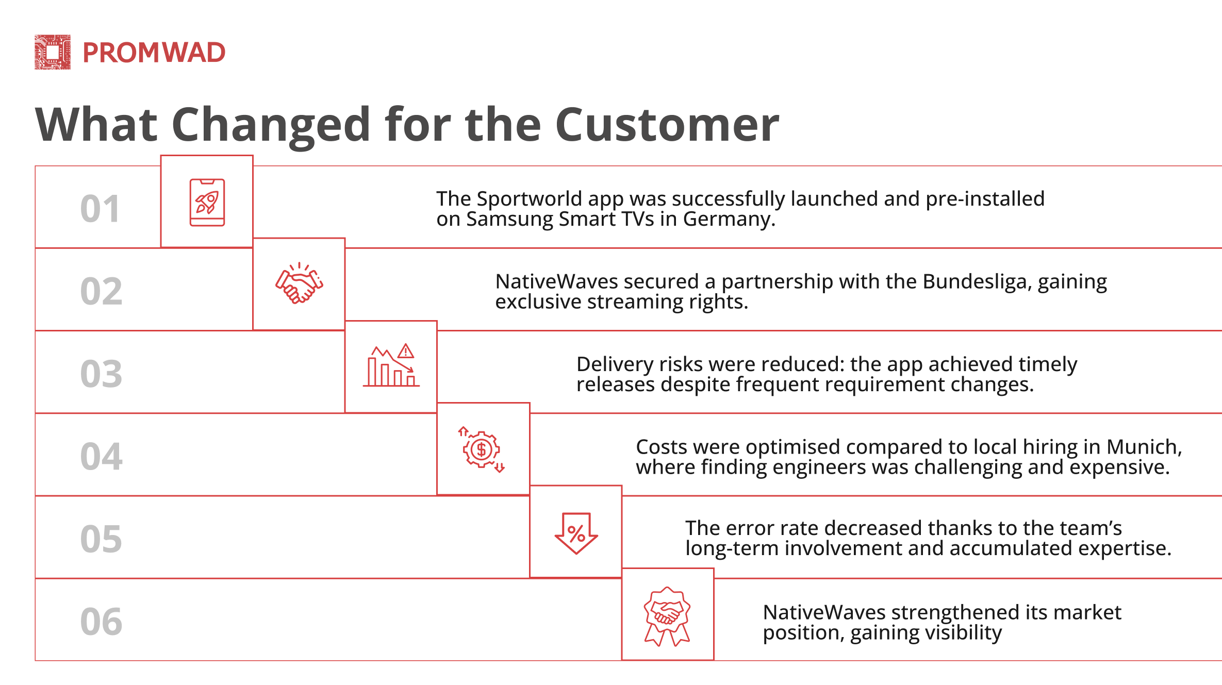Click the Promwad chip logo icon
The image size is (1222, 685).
(53, 52)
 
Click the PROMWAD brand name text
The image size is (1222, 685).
(154, 53)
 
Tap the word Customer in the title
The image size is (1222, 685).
(667, 125)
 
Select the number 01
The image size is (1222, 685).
(101, 209)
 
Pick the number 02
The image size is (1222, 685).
(101, 291)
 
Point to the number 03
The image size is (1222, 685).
(101, 374)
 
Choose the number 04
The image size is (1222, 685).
(101, 457)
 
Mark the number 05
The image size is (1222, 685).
(101, 539)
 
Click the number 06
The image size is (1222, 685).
(101, 622)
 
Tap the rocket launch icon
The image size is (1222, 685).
(207, 203)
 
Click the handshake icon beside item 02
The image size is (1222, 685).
(299, 283)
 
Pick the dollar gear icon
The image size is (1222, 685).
(482, 449)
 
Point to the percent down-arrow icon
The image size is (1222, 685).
(576, 533)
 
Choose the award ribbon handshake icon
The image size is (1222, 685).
(667, 616)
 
